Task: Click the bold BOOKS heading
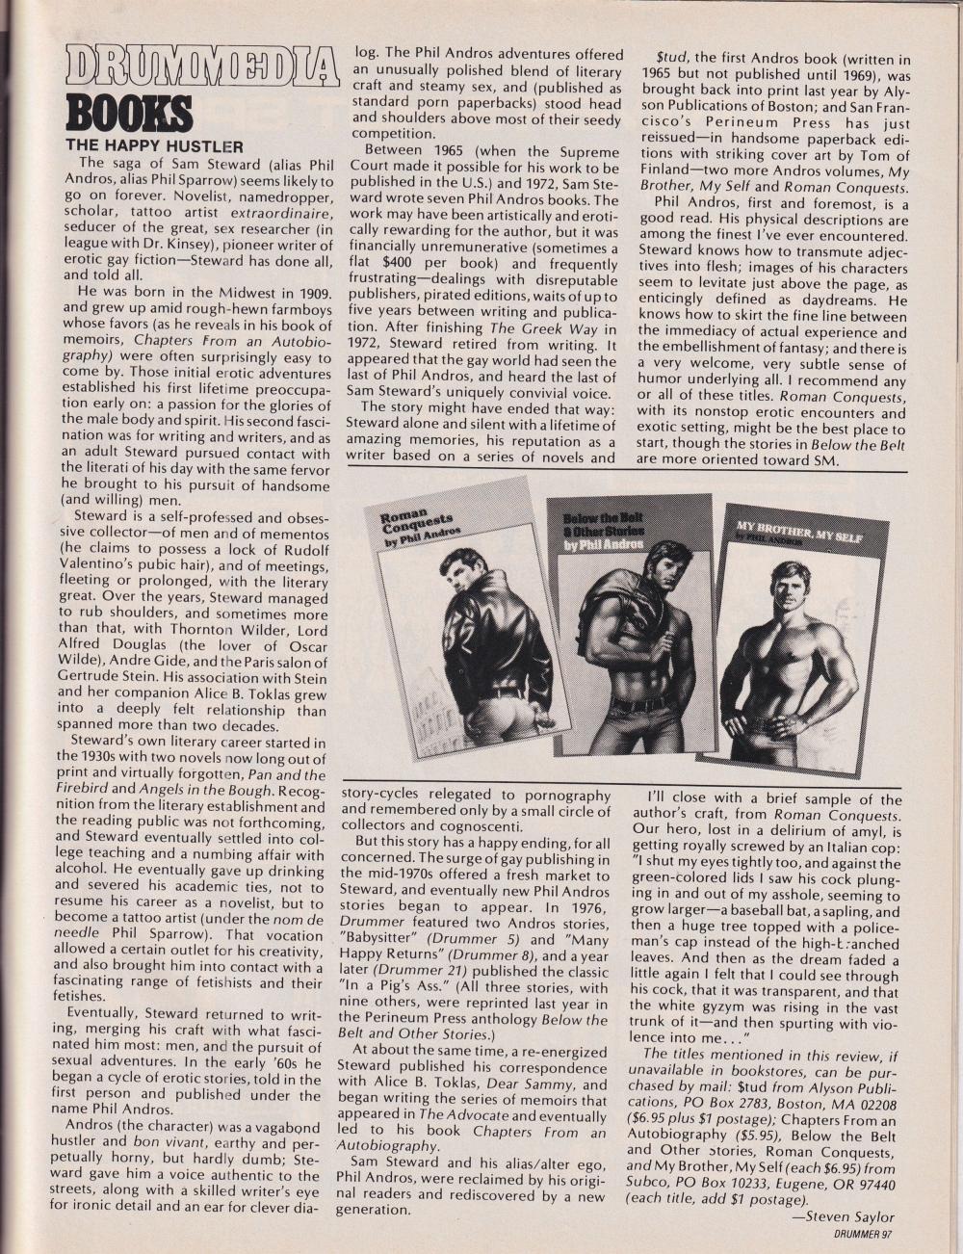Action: tap(128, 117)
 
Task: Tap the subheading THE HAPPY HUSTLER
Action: tap(154, 146)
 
